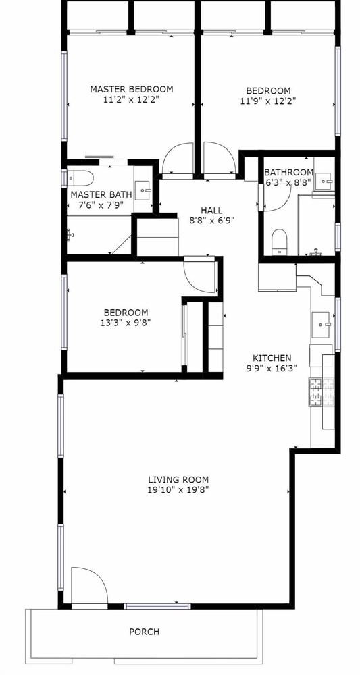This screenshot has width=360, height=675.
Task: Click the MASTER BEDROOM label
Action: coord(131,89)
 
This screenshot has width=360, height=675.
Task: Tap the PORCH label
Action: coord(145,632)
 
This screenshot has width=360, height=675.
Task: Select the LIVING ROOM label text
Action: coord(178,479)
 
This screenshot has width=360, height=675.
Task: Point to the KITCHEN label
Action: coord(272,358)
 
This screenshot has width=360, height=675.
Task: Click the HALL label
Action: coord(212,211)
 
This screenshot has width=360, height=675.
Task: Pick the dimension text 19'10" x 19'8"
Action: coord(178,489)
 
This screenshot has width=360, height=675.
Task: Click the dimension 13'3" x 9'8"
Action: coord(126,322)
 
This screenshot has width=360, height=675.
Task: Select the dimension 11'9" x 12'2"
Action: coord(268,101)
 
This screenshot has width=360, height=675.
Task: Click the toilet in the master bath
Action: coord(81,178)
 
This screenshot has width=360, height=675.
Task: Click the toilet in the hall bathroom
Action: coord(280,242)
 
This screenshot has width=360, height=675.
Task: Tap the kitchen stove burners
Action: coord(322,392)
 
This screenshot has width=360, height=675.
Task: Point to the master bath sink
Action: coord(143,190)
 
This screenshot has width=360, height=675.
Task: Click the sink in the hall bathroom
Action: coord(324,181)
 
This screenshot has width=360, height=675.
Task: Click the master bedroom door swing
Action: coord(178,159)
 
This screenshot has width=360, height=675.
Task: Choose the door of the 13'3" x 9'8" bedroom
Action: coord(199,276)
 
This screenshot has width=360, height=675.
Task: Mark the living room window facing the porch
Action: coord(157,606)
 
